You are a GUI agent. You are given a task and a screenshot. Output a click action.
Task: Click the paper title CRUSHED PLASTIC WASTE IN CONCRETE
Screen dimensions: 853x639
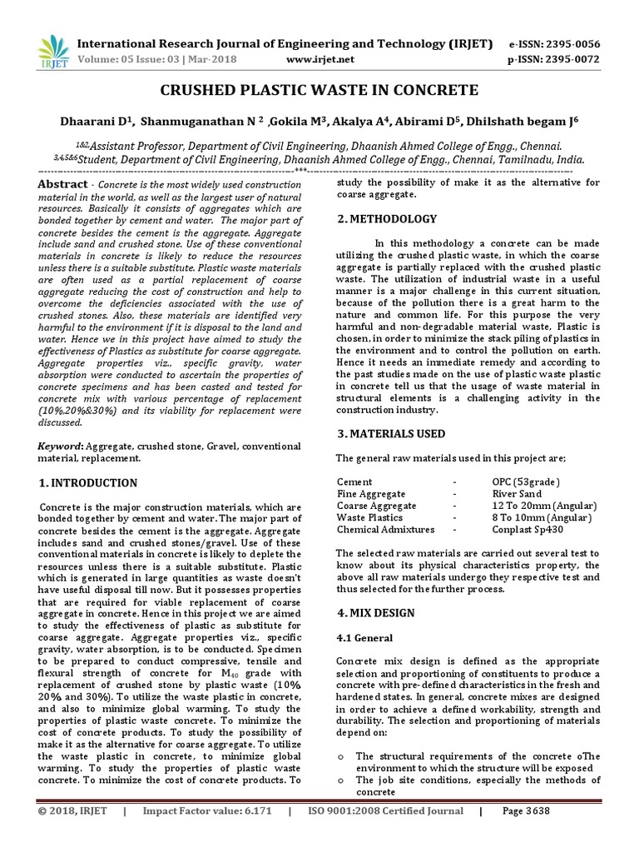[x=319, y=90]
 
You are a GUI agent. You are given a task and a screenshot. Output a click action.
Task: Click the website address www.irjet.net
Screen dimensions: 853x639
[x=319, y=60]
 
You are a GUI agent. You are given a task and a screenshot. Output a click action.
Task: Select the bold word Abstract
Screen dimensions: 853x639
[x=63, y=184]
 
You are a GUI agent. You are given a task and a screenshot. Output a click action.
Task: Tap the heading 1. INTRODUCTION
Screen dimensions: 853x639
[x=88, y=483]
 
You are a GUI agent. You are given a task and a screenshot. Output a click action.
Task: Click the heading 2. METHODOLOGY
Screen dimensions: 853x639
[x=386, y=219]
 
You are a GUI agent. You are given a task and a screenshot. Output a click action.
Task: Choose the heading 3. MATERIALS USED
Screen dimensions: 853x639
[x=390, y=434]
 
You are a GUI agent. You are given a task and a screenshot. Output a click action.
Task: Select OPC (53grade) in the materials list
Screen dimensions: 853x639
[x=526, y=482]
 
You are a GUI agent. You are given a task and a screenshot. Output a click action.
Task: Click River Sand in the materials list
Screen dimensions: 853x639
[x=517, y=494]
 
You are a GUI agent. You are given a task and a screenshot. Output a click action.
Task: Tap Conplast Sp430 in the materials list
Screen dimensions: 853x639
[x=528, y=529]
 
